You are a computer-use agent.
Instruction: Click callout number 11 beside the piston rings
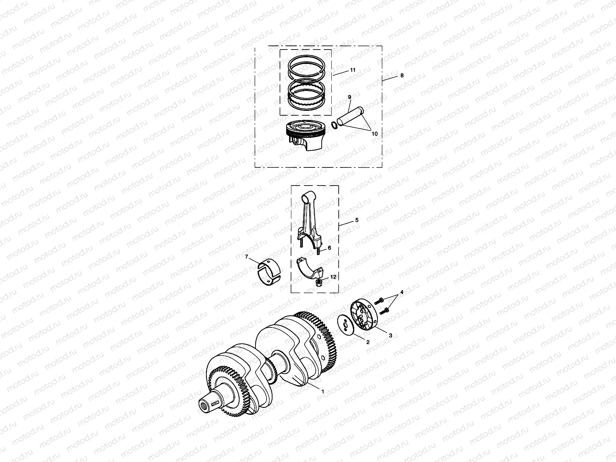tap(353, 70)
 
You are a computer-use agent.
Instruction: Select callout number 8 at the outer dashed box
tap(402, 75)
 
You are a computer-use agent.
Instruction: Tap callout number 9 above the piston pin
tap(349, 97)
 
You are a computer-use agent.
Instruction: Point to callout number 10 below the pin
tap(375, 134)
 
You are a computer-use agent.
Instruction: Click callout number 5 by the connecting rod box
tap(357, 220)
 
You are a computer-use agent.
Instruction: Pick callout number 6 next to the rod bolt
tap(329, 248)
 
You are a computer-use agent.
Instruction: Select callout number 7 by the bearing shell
tap(246, 257)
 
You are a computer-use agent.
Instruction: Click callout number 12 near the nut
tap(333, 277)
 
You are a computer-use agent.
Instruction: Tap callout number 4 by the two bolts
tap(402, 292)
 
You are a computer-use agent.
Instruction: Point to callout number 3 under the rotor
tap(390, 335)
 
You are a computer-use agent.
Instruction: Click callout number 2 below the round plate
tap(368, 342)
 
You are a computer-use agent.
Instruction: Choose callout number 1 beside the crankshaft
tap(323, 391)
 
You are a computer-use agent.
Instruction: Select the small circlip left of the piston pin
tap(334, 126)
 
